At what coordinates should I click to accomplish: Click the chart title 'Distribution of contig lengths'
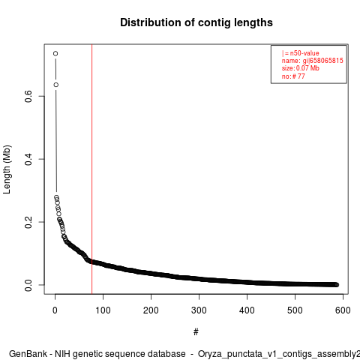coord(196,22)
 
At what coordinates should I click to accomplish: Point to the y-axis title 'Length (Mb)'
coord(7,169)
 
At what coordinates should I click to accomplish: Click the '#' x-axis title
coord(196,331)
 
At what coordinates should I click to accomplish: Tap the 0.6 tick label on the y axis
coord(28,96)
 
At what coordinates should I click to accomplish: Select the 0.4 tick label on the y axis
coord(28,159)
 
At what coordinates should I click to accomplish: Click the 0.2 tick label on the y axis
coord(28,222)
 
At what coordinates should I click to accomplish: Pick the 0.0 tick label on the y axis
coord(28,285)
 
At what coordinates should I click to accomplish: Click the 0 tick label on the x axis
coord(55,310)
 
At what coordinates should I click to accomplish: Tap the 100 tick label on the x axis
coord(103,310)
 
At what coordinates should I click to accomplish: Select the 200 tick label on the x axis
coord(151,310)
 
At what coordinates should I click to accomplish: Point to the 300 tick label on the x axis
coord(199,310)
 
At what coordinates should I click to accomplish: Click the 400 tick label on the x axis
coord(247,310)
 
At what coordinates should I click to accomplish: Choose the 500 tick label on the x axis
coord(295,310)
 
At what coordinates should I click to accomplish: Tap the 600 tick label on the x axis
coord(343,310)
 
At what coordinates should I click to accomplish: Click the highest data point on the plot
coord(55,53)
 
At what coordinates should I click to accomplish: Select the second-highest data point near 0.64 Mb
coord(56,85)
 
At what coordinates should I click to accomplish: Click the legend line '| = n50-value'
coord(301,53)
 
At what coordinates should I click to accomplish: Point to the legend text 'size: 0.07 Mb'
coord(301,68)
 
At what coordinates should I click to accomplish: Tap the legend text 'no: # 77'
coord(293,76)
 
